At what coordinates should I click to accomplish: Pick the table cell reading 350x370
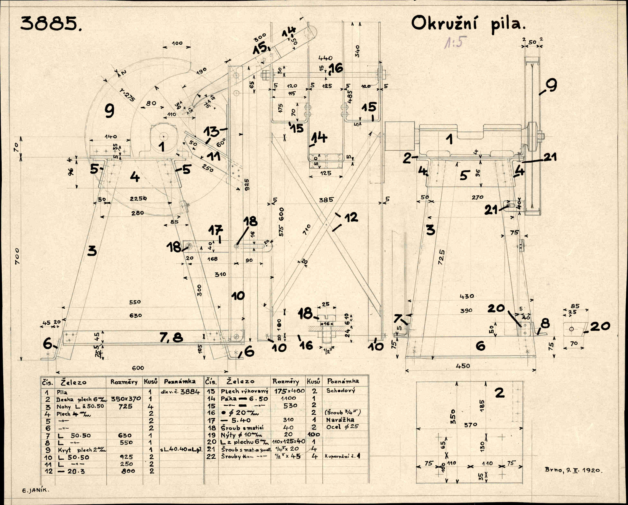(126, 399)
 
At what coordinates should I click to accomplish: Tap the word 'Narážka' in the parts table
(340, 420)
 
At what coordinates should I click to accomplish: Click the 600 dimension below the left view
(138, 368)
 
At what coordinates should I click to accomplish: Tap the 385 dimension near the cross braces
(326, 200)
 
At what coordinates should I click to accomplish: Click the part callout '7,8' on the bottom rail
(171, 338)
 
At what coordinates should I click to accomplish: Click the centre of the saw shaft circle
(164, 136)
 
